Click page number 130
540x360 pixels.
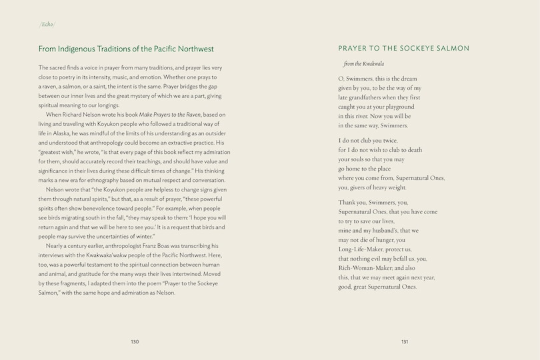pyautogui.click(x=135, y=342)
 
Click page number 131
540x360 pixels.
pyautogui.click(x=404, y=342)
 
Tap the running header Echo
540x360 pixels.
pyautogui.click(x=47, y=25)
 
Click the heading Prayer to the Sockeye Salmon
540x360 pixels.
pyautogui.click(x=403, y=48)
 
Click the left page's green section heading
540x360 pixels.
pyautogui.click(x=126, y=49)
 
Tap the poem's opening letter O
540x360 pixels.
pyautogui.click(x=341, y=79)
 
